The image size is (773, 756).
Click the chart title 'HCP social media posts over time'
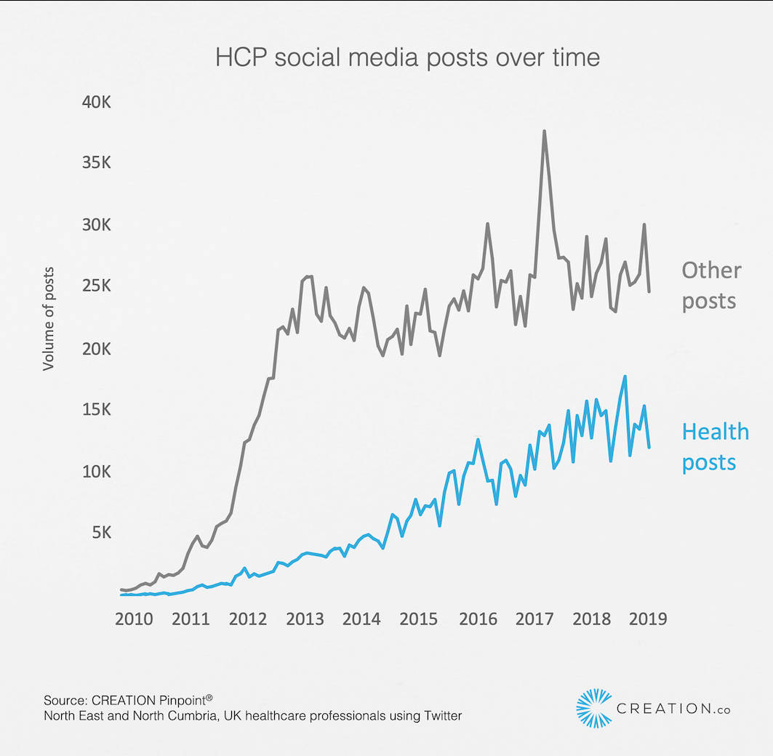pos(407,57)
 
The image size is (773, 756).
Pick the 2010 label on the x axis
pos(134,619)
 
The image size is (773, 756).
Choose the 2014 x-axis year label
pos(361,619)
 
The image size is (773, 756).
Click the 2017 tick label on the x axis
pos(534,619)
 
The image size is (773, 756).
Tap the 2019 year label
pos(647,619)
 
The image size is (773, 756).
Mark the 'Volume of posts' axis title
pos(49,318)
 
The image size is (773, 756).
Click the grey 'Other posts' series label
pos(710,285)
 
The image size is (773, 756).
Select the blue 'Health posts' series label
pos(715,446)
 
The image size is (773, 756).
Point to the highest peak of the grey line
pos(544,132)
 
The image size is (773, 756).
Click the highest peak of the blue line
pos(625,377)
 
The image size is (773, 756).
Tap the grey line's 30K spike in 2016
pos(487,224)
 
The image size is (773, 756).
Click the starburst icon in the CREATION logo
pos(593,707)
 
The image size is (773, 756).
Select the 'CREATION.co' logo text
pos(673,708)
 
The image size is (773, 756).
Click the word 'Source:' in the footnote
pos(65,701)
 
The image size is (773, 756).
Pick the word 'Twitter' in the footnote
pos(439,716)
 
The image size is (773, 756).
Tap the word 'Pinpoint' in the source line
pos(177,701)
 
